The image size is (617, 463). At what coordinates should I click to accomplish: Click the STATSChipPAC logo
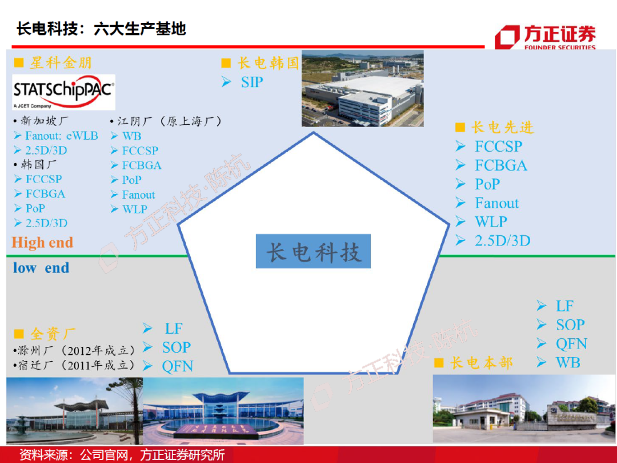tap(63, 92)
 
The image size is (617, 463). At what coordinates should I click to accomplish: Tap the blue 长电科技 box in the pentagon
tap(313, 251)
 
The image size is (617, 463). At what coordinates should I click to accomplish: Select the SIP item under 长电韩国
tap(251, 82)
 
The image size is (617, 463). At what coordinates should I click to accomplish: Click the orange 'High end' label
tap(43, 243)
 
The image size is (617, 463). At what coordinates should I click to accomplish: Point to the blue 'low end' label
tap(41, 268)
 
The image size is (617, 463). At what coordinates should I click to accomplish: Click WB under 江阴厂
tap(131, 136)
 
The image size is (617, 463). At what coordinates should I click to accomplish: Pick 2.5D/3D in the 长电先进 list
tap(502, 241)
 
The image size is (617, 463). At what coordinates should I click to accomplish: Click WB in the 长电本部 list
tap(567, 362)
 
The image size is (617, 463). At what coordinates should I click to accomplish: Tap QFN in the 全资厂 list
tap(177, 366)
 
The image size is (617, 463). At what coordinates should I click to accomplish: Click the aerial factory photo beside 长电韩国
tap(362, 89)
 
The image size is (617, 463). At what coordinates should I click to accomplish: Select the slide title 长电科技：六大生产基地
tap(101, 29)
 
